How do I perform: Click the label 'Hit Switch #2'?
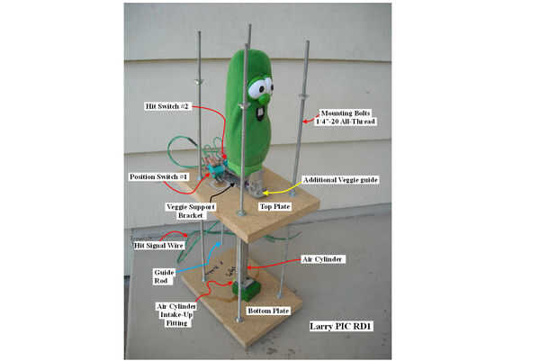tap(166, 106)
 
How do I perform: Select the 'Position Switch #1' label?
tap(158, 176)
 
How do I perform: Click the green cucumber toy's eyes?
tap(259, 87)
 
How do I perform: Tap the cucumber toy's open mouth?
tap(260, 115)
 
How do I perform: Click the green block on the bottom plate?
tap(244, 290)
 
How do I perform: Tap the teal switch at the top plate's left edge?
tap(216, 170)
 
